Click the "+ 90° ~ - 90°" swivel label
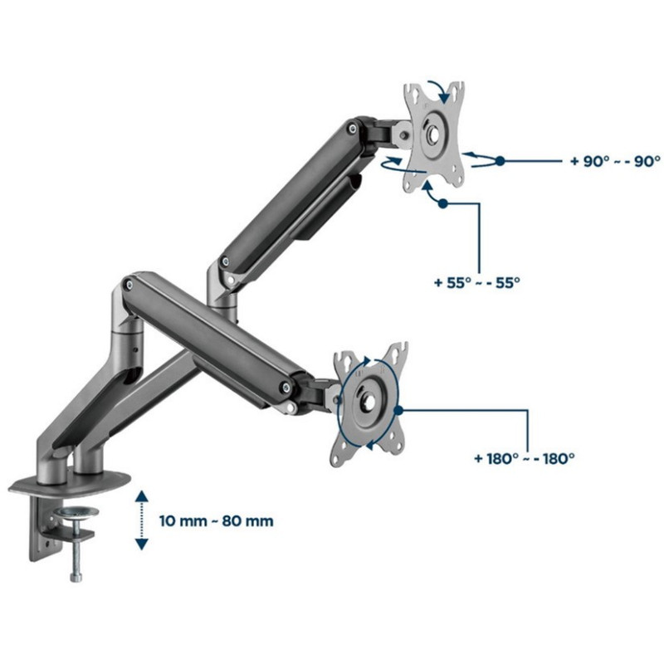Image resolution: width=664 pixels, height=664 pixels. [x=615, y=161]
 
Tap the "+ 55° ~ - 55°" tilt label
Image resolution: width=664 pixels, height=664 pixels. [x=476, y=282]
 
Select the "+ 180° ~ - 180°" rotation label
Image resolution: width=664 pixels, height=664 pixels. [x=525, y=459]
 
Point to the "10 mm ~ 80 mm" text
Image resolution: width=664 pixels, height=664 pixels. [x=216, y=521]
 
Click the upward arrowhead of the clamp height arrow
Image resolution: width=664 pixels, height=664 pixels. [x=141, y=496]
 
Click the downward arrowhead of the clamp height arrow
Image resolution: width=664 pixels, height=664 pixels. [x=141, y=544]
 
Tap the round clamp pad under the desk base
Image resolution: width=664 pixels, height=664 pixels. [x=76, y=514]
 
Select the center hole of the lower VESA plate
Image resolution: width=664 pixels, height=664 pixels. [x=367, y=401]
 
